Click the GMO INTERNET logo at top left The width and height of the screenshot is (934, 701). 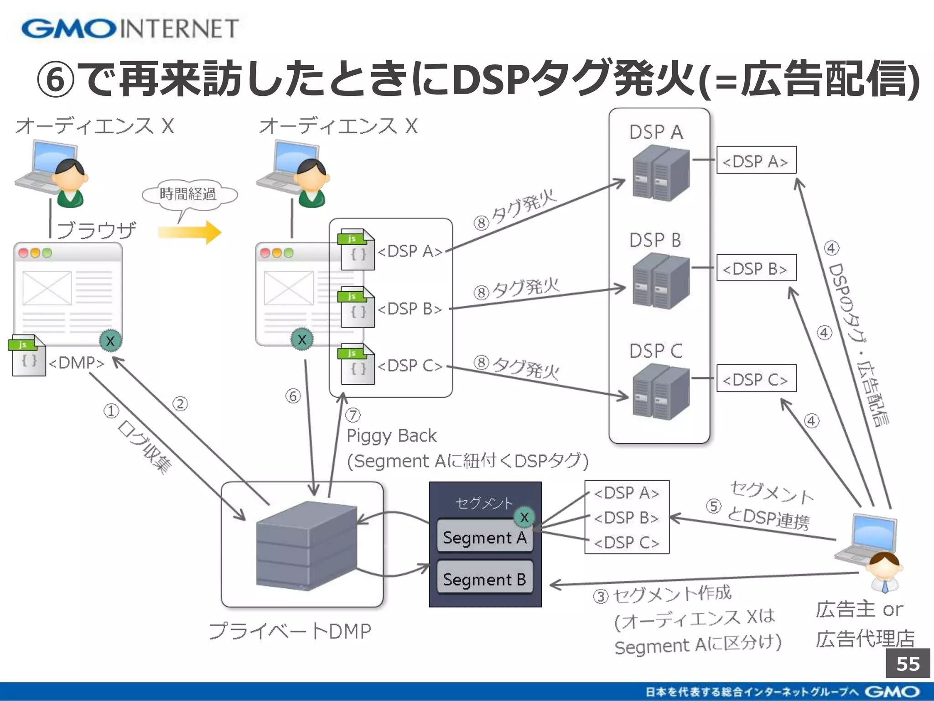[130, 28]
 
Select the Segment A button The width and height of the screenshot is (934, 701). [484, 538]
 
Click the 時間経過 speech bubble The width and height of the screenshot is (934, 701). [188, 194]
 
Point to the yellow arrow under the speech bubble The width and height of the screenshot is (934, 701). [190, 232]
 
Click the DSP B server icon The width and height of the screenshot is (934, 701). [660, 281]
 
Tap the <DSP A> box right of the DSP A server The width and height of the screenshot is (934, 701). [756, 160]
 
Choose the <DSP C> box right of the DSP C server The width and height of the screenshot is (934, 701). [756, 378]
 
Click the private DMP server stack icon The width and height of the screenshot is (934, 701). [306, 545]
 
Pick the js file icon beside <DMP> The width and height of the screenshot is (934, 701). [27, 356]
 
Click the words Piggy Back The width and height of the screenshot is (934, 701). [391, 436]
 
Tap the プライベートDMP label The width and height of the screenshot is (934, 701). [290, 631]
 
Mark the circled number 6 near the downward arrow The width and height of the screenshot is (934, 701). [293, 396]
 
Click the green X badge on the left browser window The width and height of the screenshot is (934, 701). [110, 340]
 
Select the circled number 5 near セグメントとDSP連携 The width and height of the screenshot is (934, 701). [713, 506]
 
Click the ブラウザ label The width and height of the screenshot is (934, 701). [96, 230]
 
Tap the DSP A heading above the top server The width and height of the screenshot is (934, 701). [656, 132]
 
